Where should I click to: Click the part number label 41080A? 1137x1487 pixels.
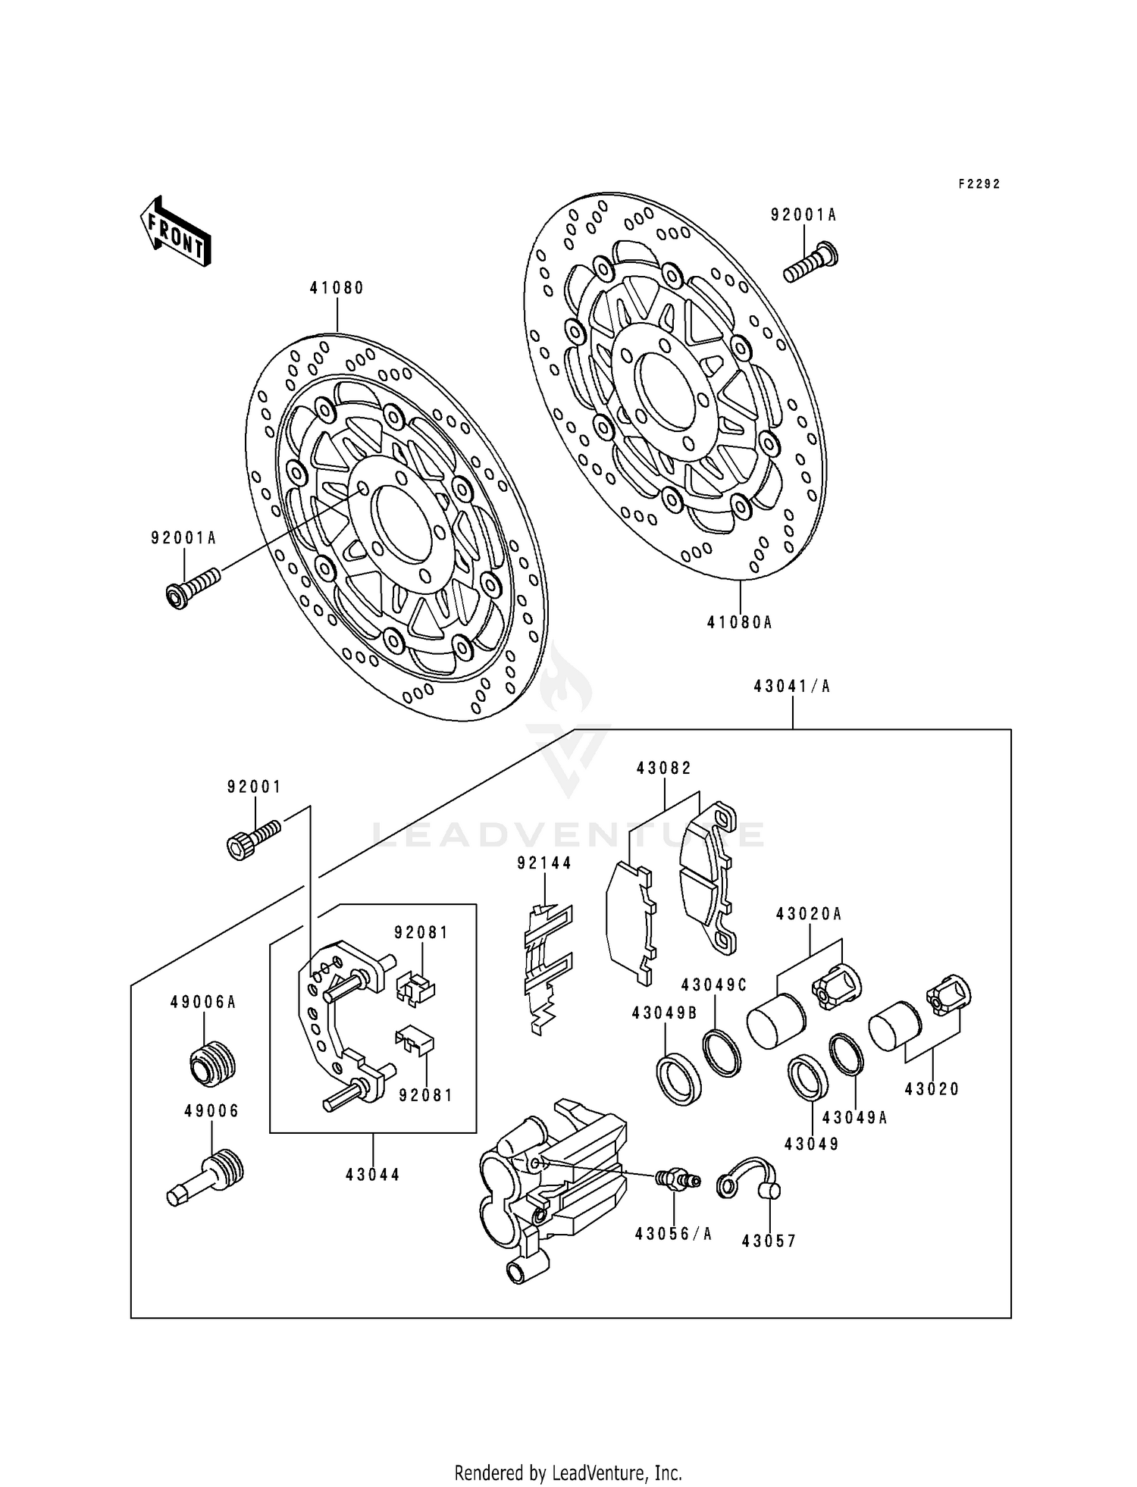pyautogui.click(x=739, y=623)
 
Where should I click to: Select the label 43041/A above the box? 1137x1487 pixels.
pyautogui.click(x=792, y=687)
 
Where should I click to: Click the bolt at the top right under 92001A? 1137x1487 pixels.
pyautogui.click(x=810, y=261)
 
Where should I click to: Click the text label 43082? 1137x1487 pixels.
pyautogui.click(x=664, y=768)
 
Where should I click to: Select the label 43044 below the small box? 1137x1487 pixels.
pyautogui.click(x=373, y=1175)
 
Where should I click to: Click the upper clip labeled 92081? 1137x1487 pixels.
pyautogui.click(x=415, y=988)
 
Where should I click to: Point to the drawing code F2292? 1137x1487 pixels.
pyautogui.click(x=979, y=184)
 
